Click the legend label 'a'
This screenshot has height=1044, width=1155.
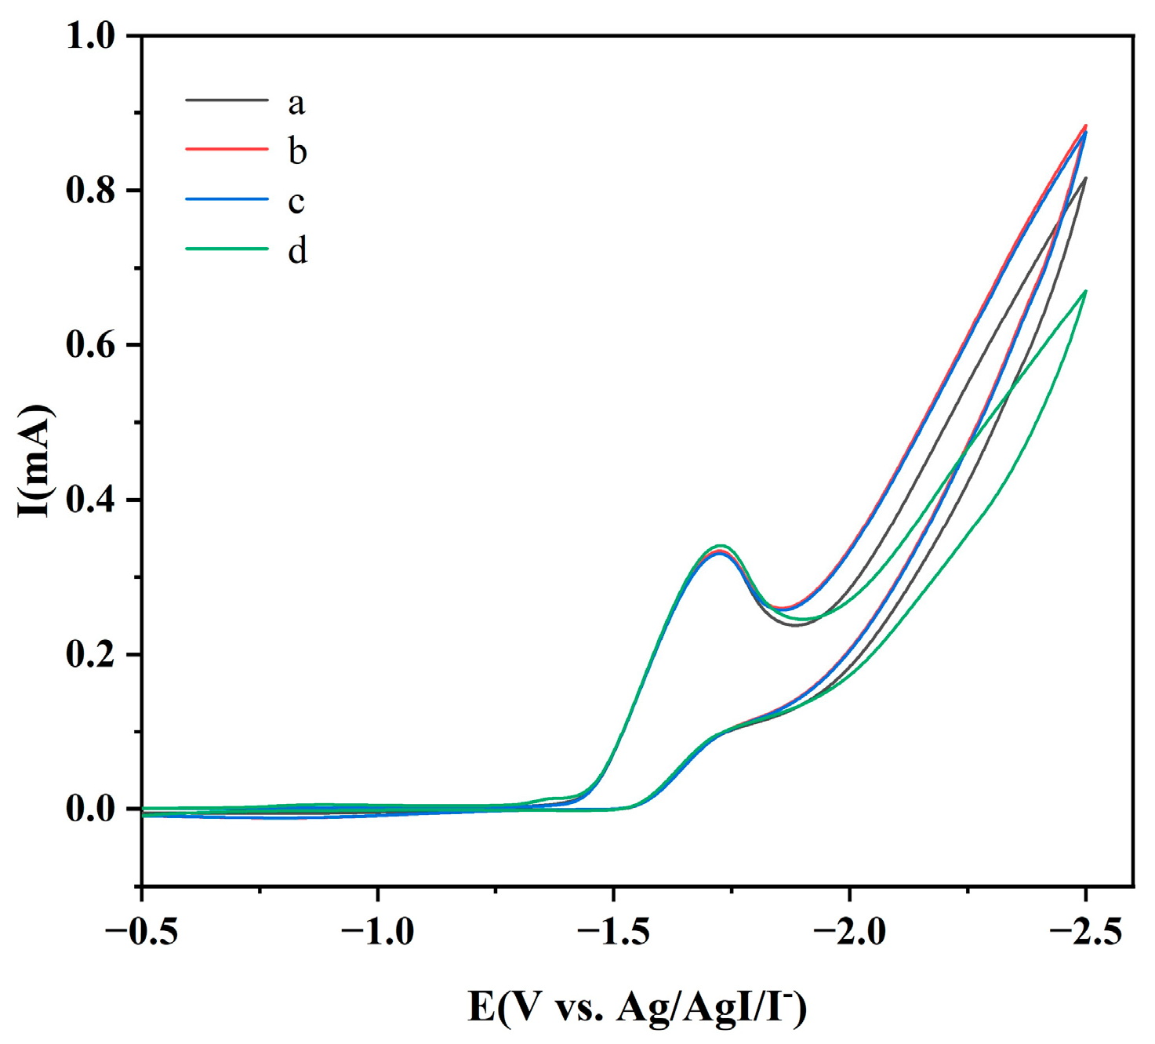point(296,103)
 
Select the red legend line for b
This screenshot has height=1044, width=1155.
point(227,148)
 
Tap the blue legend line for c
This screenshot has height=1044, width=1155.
point(227,199)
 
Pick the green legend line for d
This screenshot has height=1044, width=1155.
point(227,249)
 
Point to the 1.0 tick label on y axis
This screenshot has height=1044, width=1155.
point(91,36)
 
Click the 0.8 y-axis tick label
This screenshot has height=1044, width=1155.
point(91,191)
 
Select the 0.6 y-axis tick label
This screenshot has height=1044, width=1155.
point(91,345)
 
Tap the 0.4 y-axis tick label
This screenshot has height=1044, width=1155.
point(91,500)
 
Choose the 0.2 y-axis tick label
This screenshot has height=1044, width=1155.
point(91,654)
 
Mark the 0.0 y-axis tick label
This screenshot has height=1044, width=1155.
point(91,809)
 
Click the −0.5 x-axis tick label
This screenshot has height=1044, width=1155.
point(141,933)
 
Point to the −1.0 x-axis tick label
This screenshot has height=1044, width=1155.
point(377,933)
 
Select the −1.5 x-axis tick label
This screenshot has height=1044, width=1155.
point(613,933)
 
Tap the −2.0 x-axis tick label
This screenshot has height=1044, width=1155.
point(849,933)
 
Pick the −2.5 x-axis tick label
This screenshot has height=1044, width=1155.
point(1085,933)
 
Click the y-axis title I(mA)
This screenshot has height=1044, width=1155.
point(35,461)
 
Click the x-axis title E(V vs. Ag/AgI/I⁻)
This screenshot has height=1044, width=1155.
point(637,1007)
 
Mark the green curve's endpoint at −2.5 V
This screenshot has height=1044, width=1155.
point(1085,291)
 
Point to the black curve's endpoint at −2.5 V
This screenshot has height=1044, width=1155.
point(1085,178)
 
